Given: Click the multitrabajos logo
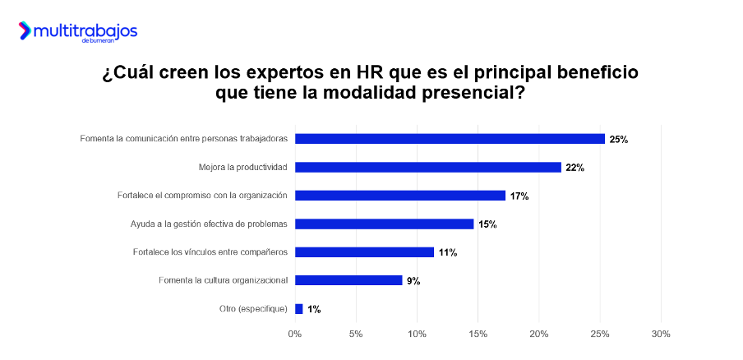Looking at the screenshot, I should [x=77, y=32].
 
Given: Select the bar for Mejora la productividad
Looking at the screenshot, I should [x=427, y=168].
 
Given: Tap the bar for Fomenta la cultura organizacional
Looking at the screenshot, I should [x=348, y=280].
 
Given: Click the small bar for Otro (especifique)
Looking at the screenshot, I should [x=298, y=309].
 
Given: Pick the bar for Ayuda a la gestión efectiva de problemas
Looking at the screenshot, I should [x=384, y=224].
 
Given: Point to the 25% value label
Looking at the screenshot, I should [x=618, y=140].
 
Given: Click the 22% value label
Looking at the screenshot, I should [x=575, y=168].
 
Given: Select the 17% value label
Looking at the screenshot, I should [x=519, y=196].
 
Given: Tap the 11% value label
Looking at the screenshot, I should [x=447, y=252].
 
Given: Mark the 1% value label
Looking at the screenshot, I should [x=313, y=309].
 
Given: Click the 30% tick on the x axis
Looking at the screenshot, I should [x=661, y=335].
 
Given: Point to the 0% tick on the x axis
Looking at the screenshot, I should [x=294, y=335].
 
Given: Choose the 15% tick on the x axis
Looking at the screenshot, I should [x=478, y=335].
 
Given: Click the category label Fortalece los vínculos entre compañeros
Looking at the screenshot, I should [x=210, y=252].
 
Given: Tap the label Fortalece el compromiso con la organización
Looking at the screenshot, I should [x=202, y=196].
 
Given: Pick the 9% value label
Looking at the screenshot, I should [x=413, y=281].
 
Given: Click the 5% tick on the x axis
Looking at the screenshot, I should [x=356, y=335].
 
